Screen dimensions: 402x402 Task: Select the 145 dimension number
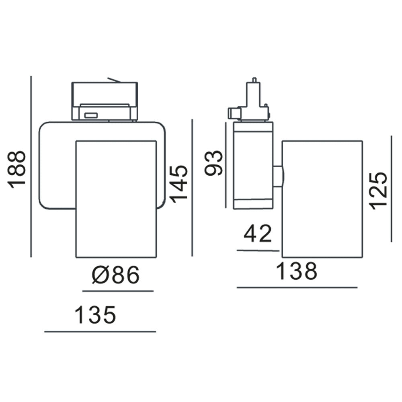178,183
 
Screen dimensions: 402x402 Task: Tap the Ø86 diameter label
115,275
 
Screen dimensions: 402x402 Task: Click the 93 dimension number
214,163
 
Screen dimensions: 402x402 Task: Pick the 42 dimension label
258,234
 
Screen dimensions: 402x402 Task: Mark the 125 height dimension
379,190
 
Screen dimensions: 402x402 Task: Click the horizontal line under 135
100,332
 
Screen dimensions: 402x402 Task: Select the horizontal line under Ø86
118,291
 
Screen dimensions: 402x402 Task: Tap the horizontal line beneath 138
297,287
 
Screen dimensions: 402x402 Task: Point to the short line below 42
258,250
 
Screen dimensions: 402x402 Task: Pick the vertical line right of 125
391,189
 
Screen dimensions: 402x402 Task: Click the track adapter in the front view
105,101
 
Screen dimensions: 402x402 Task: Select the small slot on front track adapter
91,115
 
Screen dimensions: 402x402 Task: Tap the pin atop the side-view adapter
254,80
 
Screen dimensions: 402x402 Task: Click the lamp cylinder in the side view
322,199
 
